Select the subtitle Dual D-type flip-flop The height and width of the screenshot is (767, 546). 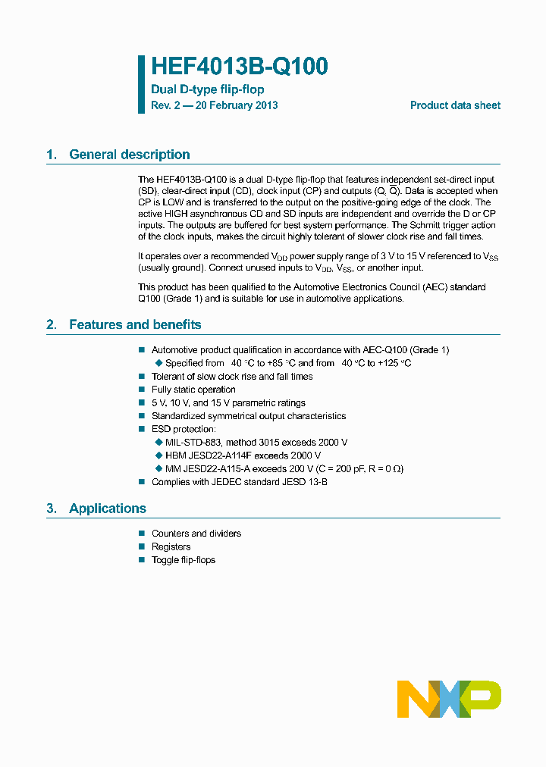click(x=207, y=89)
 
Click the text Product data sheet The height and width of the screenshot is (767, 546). click(x=455, y=105)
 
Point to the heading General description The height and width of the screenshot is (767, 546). click(x=129, y=155)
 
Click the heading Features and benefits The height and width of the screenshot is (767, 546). click(x=135, y=324)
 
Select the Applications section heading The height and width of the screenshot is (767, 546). click(x=107, y=509)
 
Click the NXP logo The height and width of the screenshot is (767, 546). click(x=449, y=699)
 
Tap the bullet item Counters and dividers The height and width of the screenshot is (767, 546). click(x=196, y=534)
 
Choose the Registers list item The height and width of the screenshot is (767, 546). click(x=171, y=546)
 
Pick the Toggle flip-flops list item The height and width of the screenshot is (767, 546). click(x=184, y=560)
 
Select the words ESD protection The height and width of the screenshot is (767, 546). click(x=184, y=429)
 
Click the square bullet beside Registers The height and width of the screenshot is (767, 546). click(x=141, y=546)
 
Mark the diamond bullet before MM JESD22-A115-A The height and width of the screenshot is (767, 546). click(x=158, y=468)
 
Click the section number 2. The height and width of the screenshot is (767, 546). click(x=51, y=324)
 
